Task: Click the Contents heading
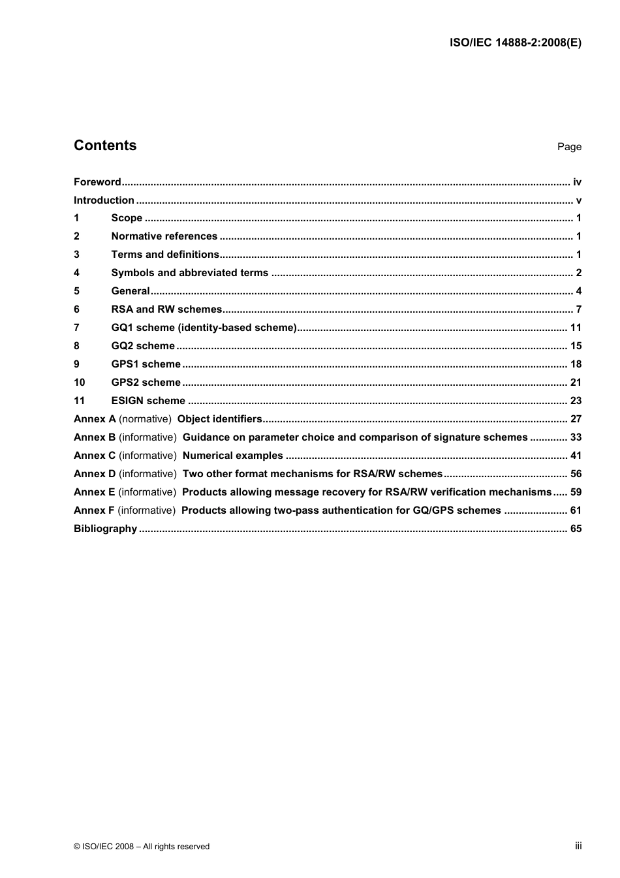click(105, 146)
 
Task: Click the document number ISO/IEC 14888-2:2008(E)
click(516, 43)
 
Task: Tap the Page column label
click(569, 147)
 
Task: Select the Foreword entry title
click(97, 182)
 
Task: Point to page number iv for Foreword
click(577, 182)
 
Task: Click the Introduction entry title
click(104, 200)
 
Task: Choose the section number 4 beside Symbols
click(76, 273)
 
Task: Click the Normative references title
click(164, 236)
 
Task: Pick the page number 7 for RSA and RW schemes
click(578, 309)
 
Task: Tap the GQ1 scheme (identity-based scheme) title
click(204, 328)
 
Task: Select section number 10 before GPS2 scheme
click(79, 383)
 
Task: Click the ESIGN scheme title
click(148, 401)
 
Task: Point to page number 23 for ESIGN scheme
click(576, 401)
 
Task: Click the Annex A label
click(95, 419)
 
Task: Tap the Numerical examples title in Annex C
click(233, 456)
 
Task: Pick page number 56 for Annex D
click(576, 474)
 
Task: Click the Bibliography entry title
click(105, 529)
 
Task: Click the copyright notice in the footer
click(142, 847)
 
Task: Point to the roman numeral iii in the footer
click(578, 846)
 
